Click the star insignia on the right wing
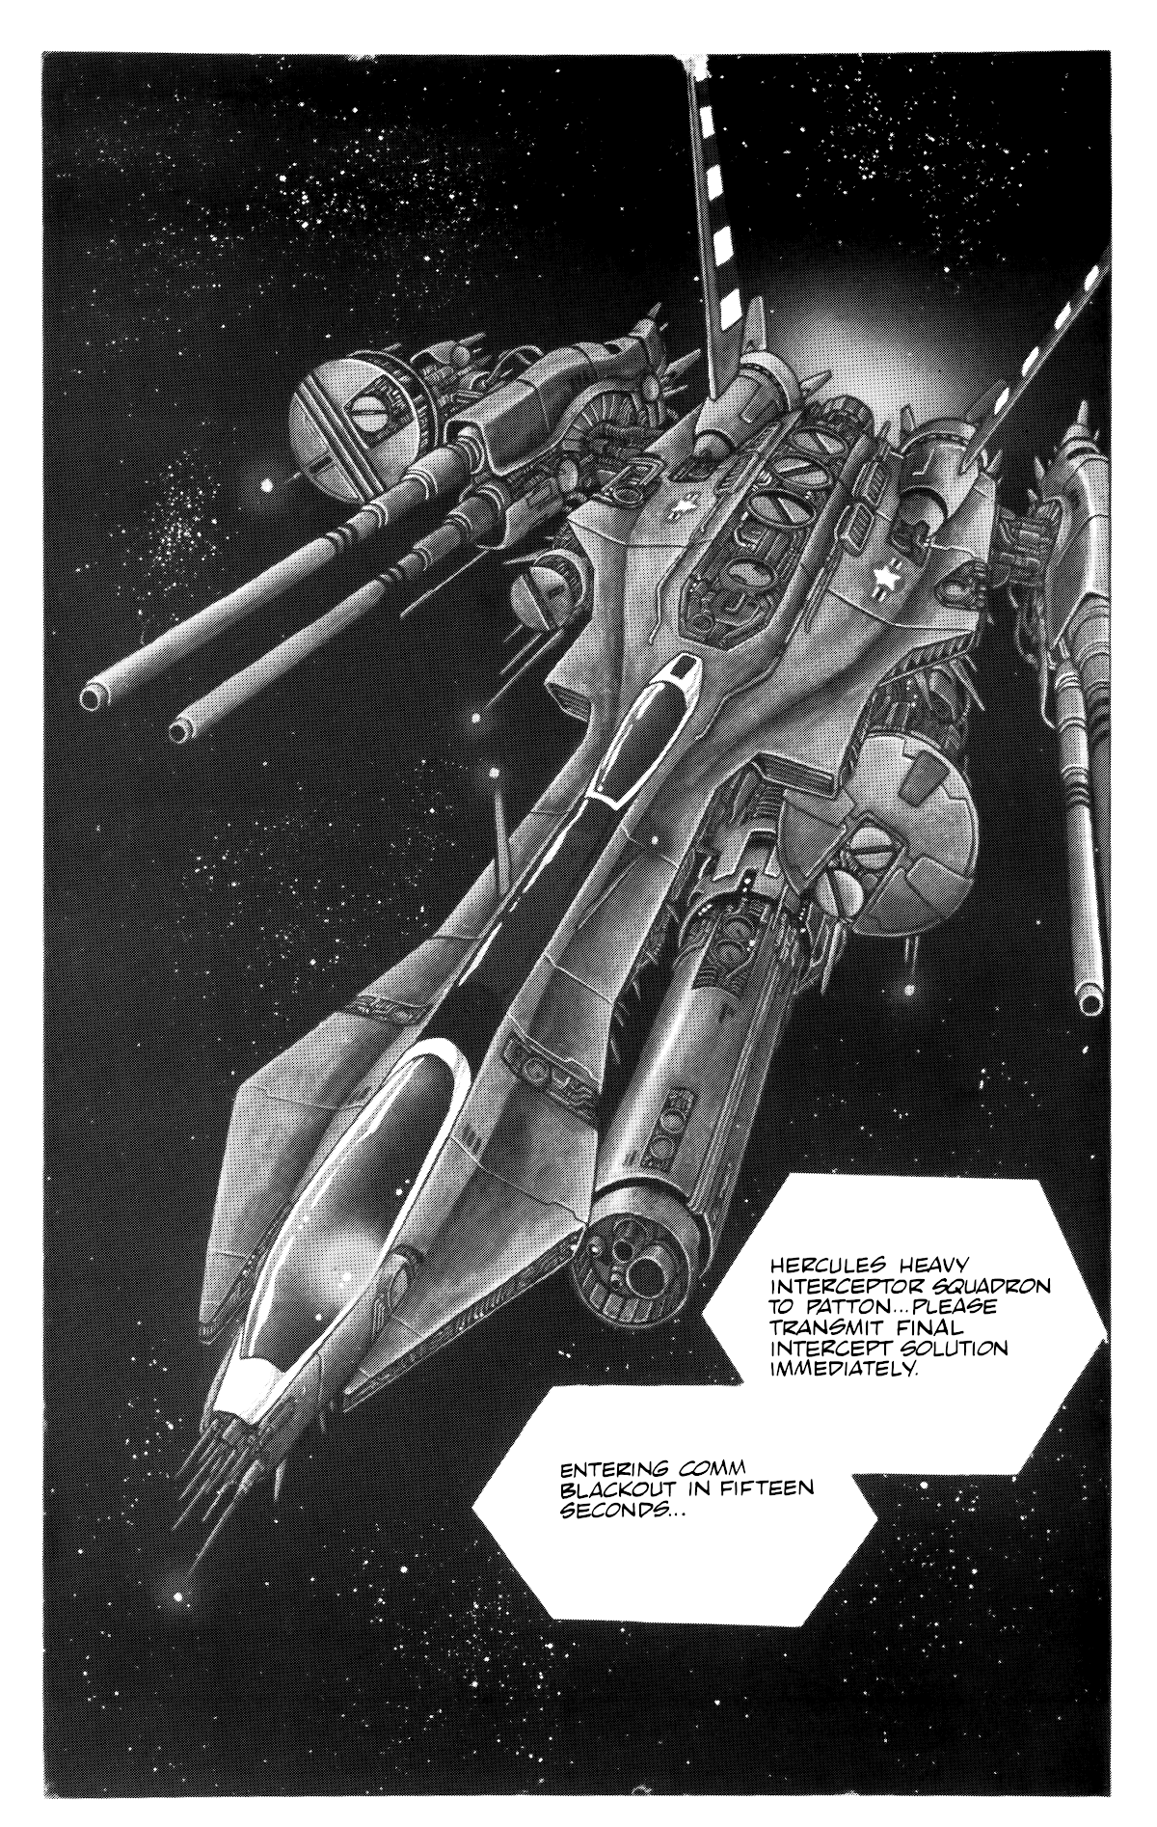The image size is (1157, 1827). coord(887,579)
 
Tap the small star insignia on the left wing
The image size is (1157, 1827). coord(683,508)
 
